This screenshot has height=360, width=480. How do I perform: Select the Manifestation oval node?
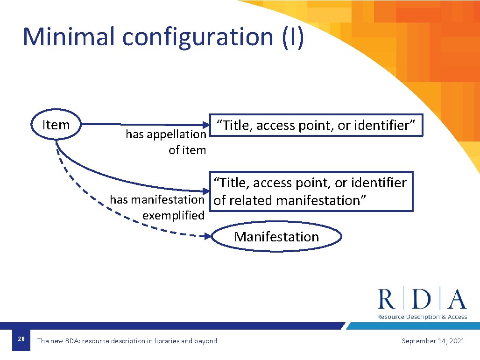click(x=276, y=237)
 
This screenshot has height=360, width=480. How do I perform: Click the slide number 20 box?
click(x=21, y=339)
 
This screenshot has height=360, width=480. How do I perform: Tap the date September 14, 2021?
click(x=433, y=341)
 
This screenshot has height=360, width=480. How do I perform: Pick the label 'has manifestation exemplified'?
click(x=157, y=207)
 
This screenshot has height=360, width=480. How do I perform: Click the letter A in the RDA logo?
click(x=456, y=299)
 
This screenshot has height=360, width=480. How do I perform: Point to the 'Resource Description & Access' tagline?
click(x=422, y=317)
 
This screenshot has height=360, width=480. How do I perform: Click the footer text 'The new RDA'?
click(x=58, y=341)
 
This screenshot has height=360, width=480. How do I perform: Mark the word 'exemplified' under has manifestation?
click(x=173, y=216)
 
